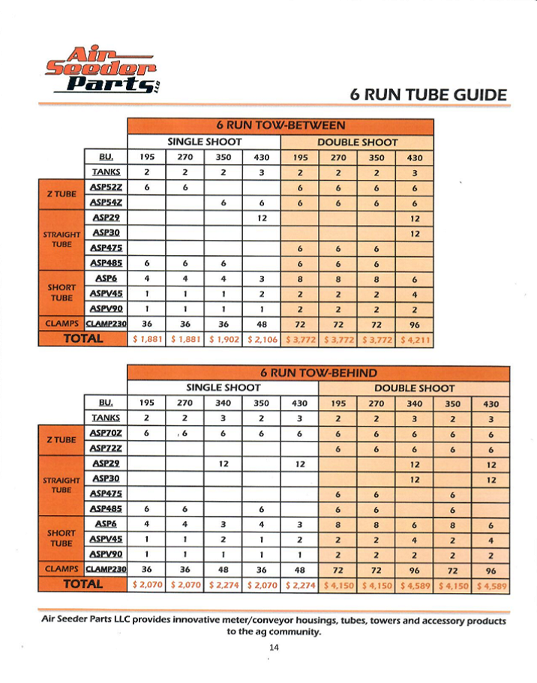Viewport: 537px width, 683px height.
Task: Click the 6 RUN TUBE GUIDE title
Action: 428,94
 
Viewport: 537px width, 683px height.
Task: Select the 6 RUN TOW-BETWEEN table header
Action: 280,125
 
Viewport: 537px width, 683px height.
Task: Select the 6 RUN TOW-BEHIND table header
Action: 318,373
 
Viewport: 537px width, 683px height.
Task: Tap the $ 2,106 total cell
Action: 262,339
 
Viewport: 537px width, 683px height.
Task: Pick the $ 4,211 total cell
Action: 415,339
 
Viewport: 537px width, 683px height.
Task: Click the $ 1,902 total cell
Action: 223,339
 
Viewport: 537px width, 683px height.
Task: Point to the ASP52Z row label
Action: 106,187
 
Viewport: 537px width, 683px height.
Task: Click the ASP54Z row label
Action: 106,202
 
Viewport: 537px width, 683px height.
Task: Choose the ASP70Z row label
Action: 106,433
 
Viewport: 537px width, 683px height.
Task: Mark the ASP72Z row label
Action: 106,448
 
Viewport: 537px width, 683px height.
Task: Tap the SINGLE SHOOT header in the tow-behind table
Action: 223,388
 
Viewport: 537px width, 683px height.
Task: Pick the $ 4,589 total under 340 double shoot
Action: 414,584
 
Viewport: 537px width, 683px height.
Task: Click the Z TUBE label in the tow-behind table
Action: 61,439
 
